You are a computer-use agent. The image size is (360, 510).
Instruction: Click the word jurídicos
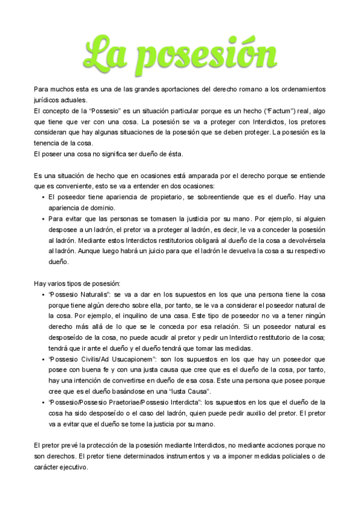coord(47,100)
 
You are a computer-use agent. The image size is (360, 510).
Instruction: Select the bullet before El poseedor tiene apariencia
coord(43,197)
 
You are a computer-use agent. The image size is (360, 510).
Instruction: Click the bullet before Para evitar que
coord(43,219)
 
